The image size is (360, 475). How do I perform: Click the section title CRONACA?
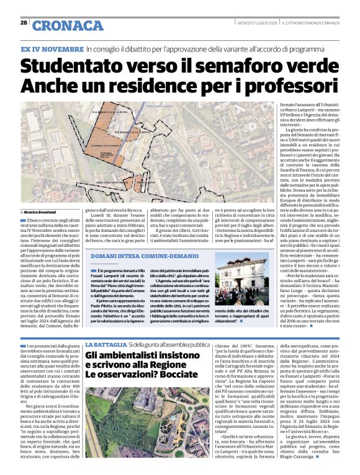pos(67,25)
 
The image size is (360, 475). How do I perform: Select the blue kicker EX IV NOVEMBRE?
pos(52,48)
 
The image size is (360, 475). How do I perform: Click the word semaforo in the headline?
pos(234,65)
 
